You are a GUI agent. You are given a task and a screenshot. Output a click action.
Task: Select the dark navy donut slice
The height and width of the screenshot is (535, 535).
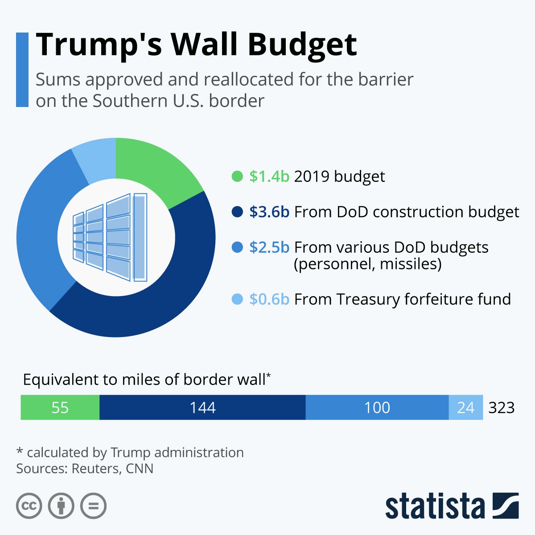pos(147,303)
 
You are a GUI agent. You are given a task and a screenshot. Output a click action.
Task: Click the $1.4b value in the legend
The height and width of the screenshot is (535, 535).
pos(269,177)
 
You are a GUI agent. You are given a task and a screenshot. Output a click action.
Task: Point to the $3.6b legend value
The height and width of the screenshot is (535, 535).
pos(269,212)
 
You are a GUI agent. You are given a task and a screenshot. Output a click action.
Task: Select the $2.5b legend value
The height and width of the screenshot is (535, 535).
pos(269,247)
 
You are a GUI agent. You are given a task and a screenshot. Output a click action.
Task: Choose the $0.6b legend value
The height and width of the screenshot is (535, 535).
pos(269,299)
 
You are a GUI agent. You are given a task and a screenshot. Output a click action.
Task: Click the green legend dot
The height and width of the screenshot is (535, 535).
pos(238,177)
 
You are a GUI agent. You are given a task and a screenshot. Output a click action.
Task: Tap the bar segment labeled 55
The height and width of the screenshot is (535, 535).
pos(60,407)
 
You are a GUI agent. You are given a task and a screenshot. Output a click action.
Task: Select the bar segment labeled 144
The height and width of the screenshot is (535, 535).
pos(202,407)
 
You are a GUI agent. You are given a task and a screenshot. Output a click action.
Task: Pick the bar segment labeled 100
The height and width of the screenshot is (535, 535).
pos(377,407)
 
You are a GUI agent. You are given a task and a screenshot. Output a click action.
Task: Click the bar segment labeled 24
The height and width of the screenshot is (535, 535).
pos(465,407)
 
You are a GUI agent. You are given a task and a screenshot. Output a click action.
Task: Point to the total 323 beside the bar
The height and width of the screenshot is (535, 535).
pos(502,407)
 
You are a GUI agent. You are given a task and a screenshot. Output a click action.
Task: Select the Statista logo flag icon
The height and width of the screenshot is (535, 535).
pos(506,506)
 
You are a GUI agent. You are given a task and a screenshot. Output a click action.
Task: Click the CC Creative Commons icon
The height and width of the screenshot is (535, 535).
pos(29,506)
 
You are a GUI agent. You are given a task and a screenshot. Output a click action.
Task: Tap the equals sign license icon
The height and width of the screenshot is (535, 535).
pos(93,506)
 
